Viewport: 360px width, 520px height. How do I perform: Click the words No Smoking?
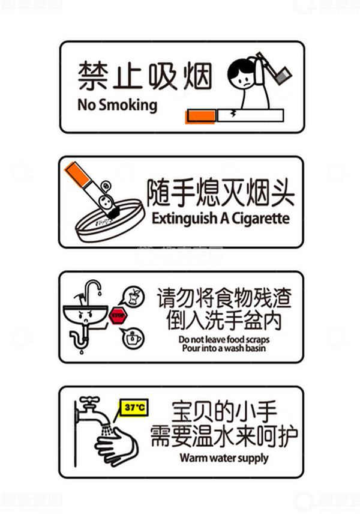click(x=117, y=105)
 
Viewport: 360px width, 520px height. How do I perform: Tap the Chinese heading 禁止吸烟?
click(x=145, y=75)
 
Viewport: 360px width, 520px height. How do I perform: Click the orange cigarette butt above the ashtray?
click(x=76, y=173)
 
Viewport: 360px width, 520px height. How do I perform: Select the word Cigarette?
click(x=262, y=217)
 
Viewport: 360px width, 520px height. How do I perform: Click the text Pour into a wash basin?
click(x=224, y=348)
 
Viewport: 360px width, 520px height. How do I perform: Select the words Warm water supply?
click(x=223, y=458)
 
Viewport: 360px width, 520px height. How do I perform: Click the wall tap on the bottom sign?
click(x=88, y=408)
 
